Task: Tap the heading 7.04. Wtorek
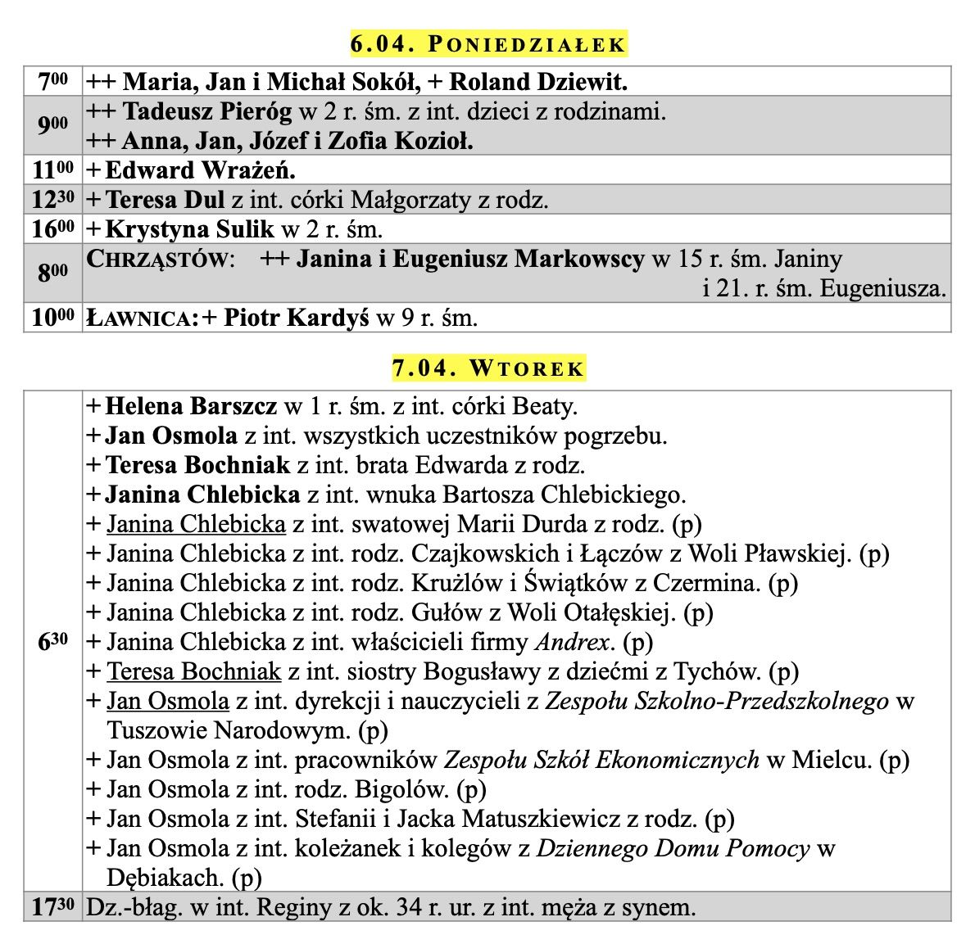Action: click(488, 368)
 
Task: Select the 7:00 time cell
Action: click(52, 82)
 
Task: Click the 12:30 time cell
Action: click(52, 200)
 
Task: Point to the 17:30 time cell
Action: click(52, 907)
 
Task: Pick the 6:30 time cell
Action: click(52, 643)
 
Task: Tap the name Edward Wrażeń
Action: click(201, 170)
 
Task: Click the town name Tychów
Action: click(718, 672)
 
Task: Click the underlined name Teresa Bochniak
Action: click(194, 672)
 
